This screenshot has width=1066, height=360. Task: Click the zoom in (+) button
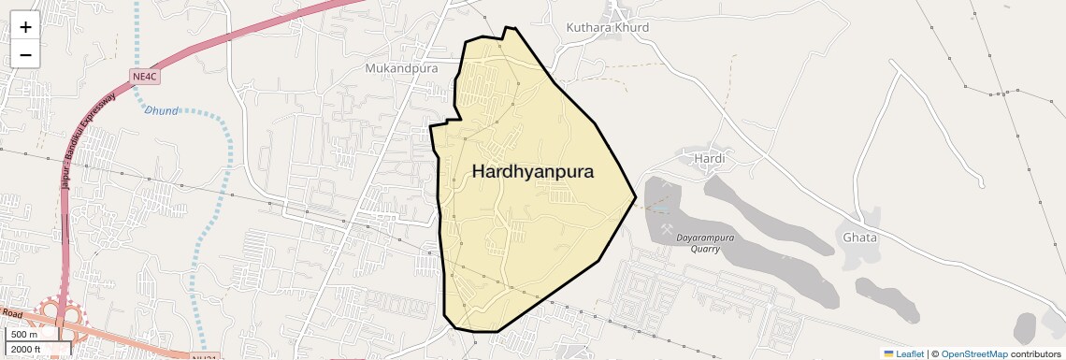click(x=25, y=27)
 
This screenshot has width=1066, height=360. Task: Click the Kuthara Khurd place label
click(x=607, y=27)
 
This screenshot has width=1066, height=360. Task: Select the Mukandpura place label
click(x=401, y=68)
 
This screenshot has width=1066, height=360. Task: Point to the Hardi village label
click(x=710, y=159)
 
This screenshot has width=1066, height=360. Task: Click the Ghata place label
click(x=859, y=238)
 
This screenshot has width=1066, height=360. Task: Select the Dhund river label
click(x=161, y=110)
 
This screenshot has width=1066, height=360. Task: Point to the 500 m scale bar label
click(x=25, y=334)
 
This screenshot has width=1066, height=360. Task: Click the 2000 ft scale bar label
click(x=27, y=349)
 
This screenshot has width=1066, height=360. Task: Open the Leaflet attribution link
click(x=909, y=353)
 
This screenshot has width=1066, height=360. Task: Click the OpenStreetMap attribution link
click(x=973, y=353)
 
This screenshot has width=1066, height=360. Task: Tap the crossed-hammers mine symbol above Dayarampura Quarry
click(x=668, y=228)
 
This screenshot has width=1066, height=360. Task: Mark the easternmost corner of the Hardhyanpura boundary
click(x=636, y=197)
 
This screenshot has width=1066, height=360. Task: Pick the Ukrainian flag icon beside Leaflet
click(x=888, y=353)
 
